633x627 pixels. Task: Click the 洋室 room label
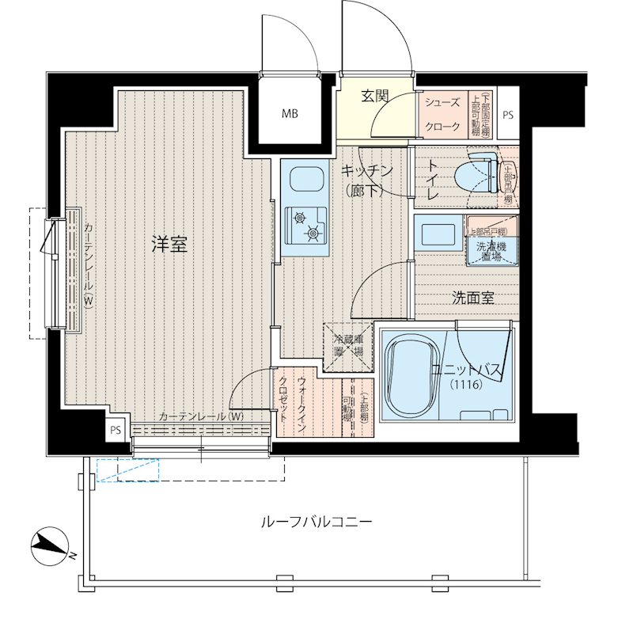[169, 245]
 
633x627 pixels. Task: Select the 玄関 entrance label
[375, 97]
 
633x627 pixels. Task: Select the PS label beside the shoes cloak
[507, 115]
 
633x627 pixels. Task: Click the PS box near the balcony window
[116, 431]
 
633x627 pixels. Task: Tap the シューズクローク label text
[443, 115]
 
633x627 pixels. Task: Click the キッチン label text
[366, 170]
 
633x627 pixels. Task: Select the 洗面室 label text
[472, 298]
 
